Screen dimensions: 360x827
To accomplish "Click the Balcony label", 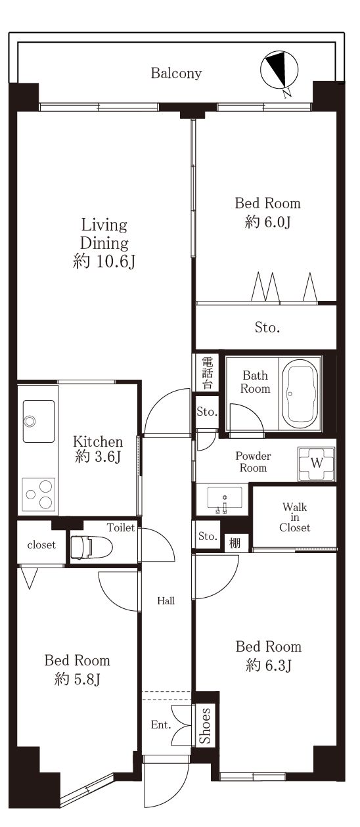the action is tap(176, 73).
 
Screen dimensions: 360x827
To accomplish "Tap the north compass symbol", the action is tap(279, 71).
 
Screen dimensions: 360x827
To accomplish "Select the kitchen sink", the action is tap(38, 421).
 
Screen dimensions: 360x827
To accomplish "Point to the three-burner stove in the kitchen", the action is tap(38, 495).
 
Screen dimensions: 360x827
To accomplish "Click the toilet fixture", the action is tap(91, 546).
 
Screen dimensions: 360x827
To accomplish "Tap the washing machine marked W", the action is tap(317, 463).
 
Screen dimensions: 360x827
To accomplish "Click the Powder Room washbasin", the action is tap(225, 499).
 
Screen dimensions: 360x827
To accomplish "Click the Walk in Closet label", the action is tap(295, 517).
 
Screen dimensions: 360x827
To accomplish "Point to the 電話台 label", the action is tap(207, 372).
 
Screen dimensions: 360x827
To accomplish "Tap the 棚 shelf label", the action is tap(235, 543).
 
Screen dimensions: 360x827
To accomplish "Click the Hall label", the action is tap(166, 600).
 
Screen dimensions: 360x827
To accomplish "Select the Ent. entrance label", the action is tap(161, 725).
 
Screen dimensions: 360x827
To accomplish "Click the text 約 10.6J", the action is tap(104, 261).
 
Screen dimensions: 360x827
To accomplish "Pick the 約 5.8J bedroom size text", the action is tap(77, 679).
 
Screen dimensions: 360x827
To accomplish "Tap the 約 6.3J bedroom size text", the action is tap(269, 665).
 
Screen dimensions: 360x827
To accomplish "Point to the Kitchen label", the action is tap(97, 441).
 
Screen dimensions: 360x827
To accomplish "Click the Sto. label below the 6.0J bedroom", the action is tap(267, 327).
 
